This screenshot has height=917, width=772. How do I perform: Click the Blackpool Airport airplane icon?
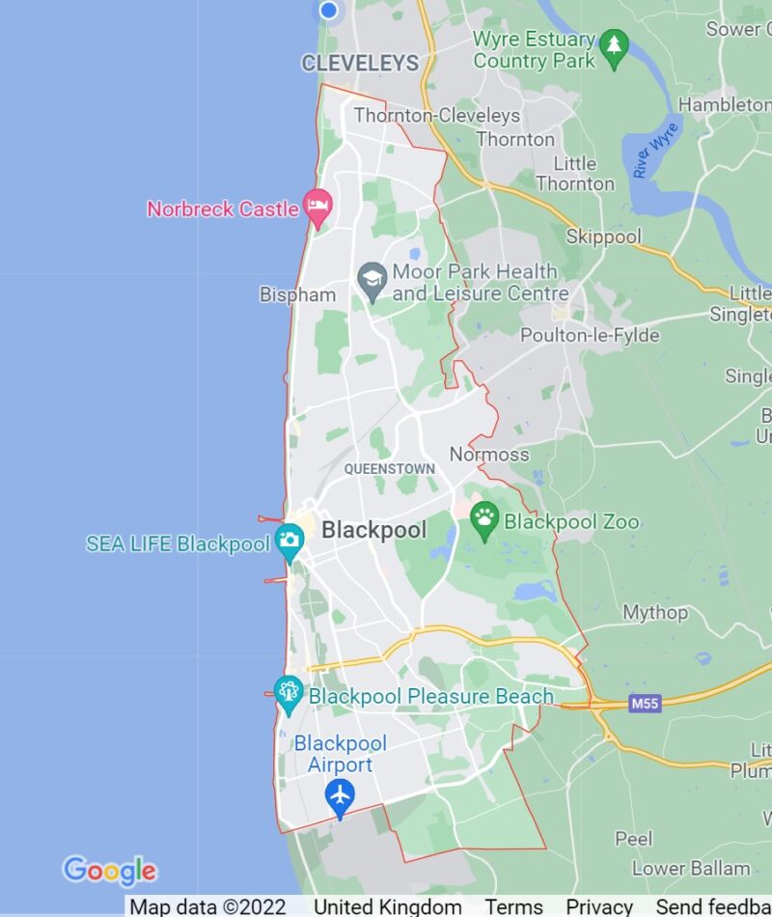point(339,796)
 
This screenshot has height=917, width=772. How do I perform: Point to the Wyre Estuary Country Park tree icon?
point(613,44)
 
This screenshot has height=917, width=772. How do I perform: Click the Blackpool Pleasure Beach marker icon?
point(288,691)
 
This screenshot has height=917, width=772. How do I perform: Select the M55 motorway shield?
point(645,704)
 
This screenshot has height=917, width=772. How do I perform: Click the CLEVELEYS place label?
point(360,64)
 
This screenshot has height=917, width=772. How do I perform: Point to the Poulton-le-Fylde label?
point(590,336)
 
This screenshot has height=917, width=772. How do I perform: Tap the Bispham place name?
point(297,294)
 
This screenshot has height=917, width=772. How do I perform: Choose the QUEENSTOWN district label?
point(389,469)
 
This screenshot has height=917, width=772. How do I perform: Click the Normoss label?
point(489,454)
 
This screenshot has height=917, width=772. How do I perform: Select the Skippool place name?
point(603,236)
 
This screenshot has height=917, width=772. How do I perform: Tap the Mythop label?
point(655,612)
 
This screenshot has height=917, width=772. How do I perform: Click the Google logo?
point(109,871)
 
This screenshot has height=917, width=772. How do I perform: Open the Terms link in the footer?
point(513,906)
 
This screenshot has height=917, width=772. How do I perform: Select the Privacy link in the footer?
point(598,906)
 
